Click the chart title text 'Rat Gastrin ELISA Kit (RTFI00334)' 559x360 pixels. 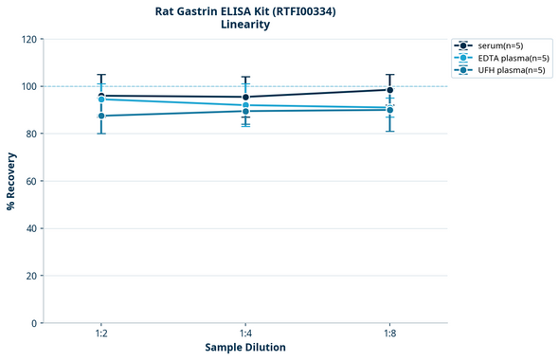[x=245, y=10]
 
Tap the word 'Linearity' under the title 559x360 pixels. [x=245, y=25]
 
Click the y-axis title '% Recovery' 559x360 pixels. [x=10, y=180]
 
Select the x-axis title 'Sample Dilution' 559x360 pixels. [x=245, y=348]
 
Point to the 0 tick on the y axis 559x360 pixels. [x=34, y=323]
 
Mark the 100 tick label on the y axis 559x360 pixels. [x=29, y=86]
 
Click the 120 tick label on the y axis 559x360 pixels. [x=29, y=39]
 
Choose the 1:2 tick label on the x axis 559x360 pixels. [x=101, y=333]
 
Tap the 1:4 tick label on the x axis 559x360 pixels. [x=245, y=333]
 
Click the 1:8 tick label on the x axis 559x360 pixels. [x=389, y=333]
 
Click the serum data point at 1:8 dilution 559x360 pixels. [x=389, y=90]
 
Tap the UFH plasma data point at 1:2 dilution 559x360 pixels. [x=101, y=116]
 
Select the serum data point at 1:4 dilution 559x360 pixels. [x=245, y=97]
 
